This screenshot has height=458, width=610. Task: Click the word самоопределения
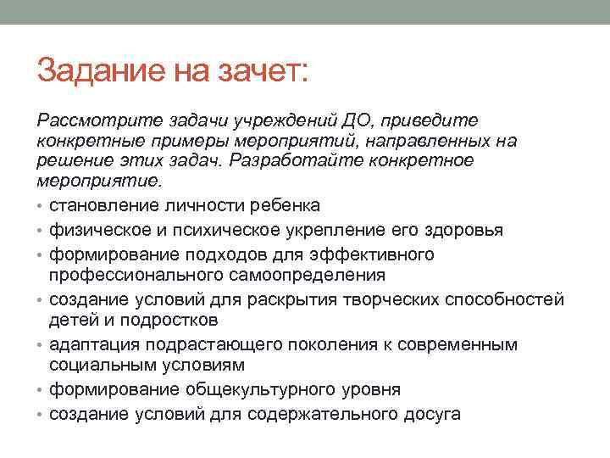pyautogui.click(x=319, y=276)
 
